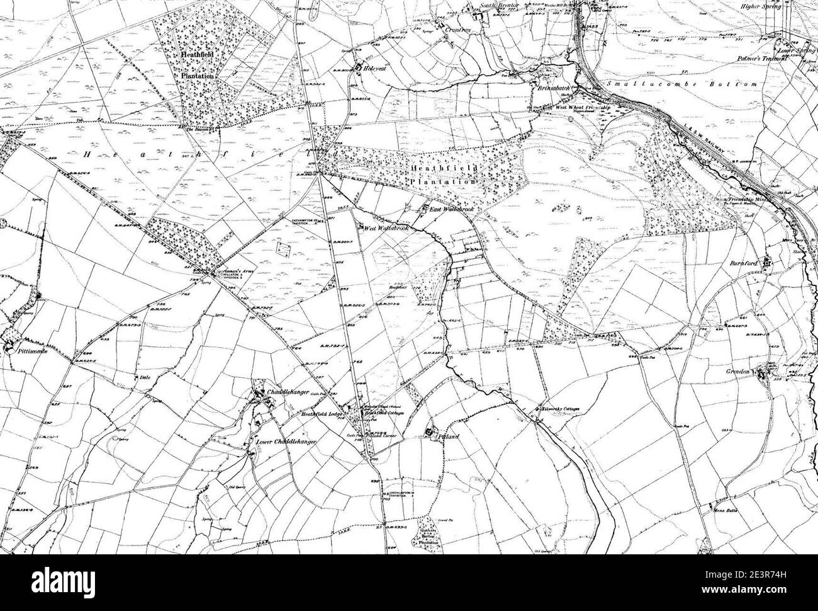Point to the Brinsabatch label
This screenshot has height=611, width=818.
click(553, 89)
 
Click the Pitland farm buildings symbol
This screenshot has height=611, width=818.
click(430, 432)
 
